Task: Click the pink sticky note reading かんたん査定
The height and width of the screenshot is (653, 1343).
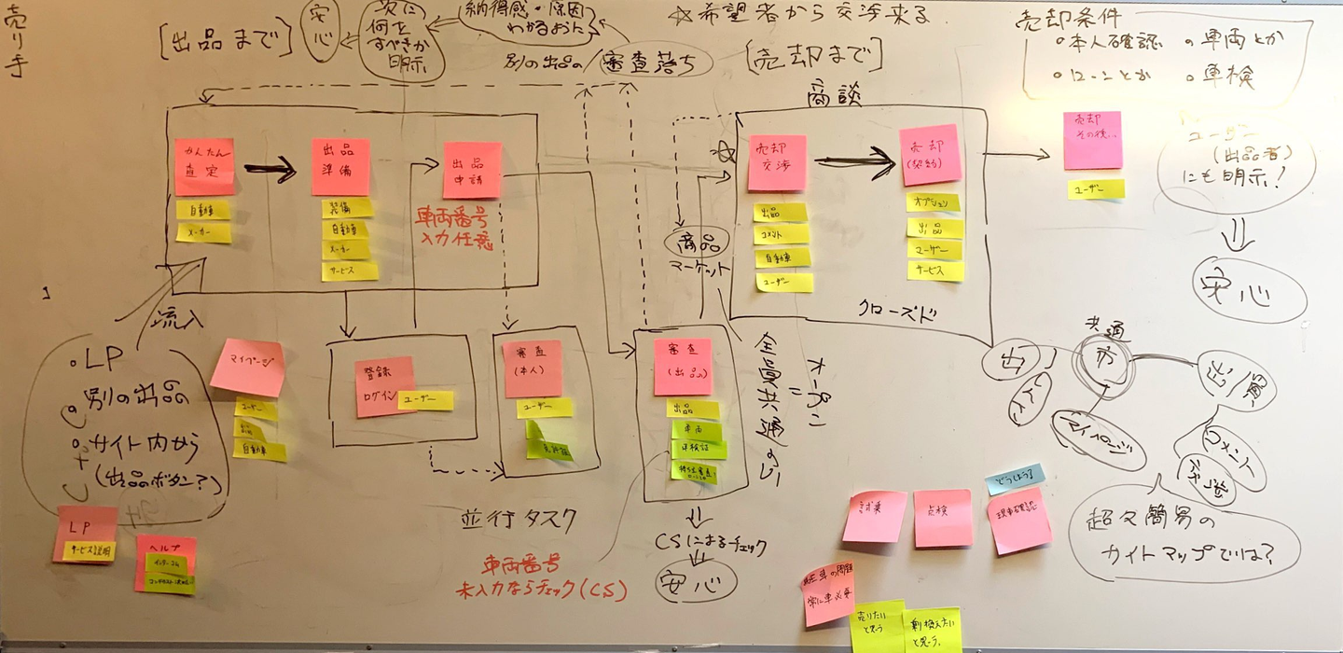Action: point(204,167)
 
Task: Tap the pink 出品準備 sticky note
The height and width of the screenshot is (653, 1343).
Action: point(340,167)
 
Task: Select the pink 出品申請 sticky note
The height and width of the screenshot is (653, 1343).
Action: point(472,170)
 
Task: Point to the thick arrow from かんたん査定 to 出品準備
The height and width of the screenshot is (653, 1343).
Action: point(270,169)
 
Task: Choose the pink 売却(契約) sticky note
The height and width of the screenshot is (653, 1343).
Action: point(930,155)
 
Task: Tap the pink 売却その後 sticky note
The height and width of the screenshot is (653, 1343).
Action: point(1092,141)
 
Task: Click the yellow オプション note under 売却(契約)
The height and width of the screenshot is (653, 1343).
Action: point(933,202)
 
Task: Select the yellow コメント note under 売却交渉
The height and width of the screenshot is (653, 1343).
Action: point(781,234)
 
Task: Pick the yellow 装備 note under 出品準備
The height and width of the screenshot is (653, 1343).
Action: point(347,208)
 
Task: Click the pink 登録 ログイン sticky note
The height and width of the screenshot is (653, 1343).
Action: point(384,386)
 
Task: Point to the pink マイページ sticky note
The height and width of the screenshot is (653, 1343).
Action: point(247,367)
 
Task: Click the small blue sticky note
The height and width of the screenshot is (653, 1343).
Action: point(1015,478)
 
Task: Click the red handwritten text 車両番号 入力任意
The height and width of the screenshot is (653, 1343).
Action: point(454,230)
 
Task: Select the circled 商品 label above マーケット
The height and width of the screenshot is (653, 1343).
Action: point(692,242)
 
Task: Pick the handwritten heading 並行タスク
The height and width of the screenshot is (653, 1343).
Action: point(519,520)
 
